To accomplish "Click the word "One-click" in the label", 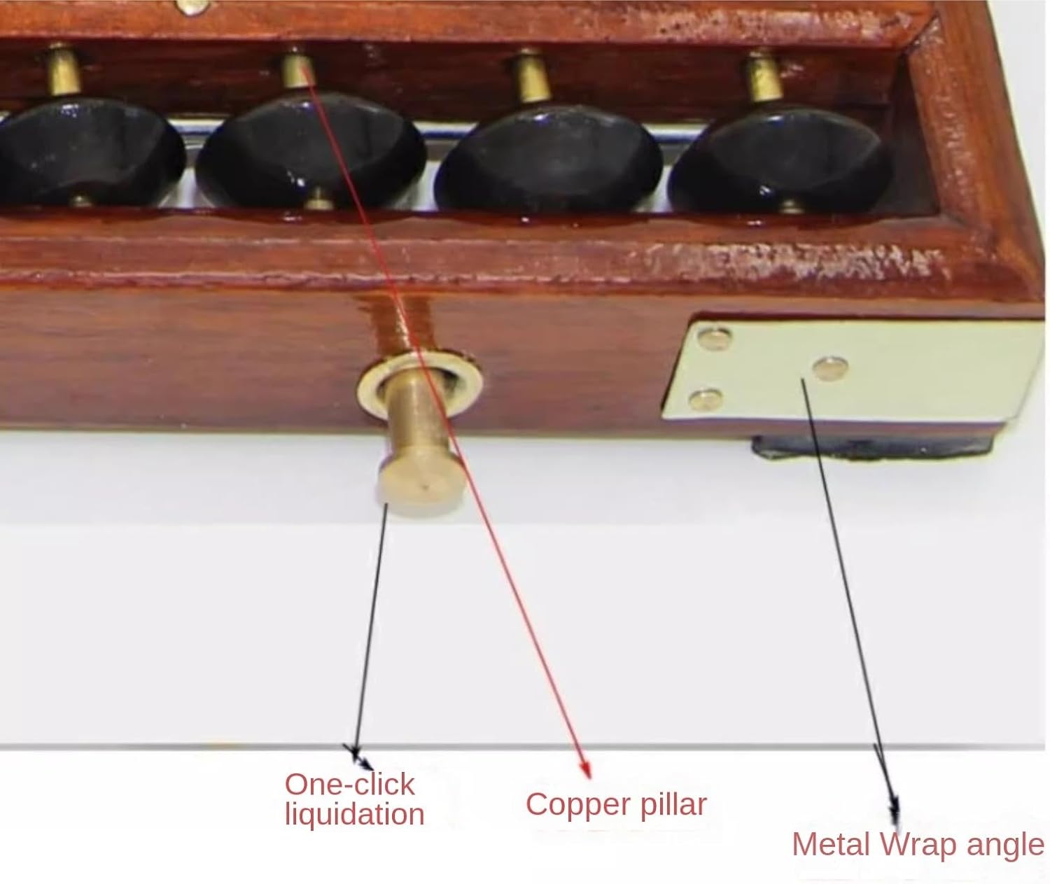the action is pyautogui.click(x=349, y=785).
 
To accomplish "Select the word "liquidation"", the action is pyautogui.click(x=354, y=815).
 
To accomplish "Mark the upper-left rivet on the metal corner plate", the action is pyautogui.click(x=715, y=338).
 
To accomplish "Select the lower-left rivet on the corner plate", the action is pyautogui.click(x=706, y=399).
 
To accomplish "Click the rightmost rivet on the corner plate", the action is pyautogui.click(x=830, y=368).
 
